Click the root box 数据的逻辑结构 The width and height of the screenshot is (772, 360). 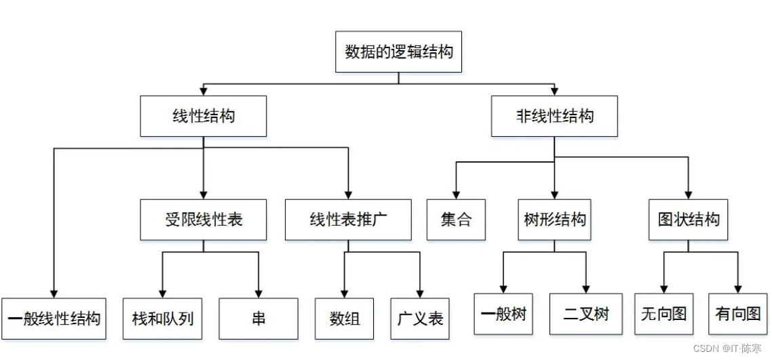coord(398,52)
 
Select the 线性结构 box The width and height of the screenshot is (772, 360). coord(204,116)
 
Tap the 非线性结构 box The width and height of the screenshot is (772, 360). coord(554,116)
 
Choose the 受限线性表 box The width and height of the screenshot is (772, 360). coord(204,220)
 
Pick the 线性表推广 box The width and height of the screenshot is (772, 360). coord(348,220)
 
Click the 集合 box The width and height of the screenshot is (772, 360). coord(456,220)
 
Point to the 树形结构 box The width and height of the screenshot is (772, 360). coord(555,220)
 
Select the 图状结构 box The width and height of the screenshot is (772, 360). coord(689,220)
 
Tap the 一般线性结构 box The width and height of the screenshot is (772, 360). coord(53,319)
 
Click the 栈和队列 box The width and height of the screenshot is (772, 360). coord(163,319)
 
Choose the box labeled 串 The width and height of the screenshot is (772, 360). coord(258,319)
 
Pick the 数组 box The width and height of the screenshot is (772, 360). coord(345,319)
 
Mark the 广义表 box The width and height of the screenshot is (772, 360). coord(420,319)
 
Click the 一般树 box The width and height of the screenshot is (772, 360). coord(503,315)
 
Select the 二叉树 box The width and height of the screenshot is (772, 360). coord(586,315)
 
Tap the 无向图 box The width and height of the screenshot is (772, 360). coord(663,315)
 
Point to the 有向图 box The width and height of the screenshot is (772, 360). coord(738,315)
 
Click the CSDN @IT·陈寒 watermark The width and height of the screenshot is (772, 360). coord(728,348)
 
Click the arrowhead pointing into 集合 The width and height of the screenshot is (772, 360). coord(456,195)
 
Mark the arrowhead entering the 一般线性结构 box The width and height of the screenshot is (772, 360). coord(53,294)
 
